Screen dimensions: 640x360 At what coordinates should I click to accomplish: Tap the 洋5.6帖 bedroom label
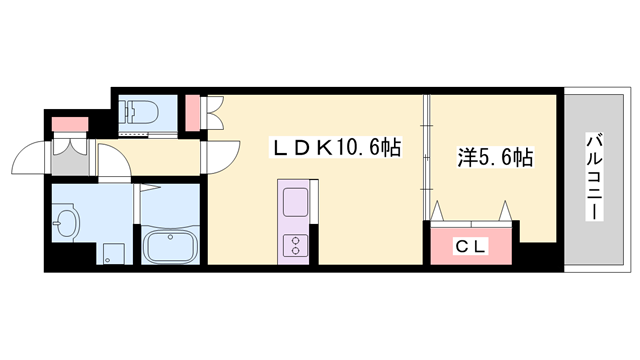(494, 157)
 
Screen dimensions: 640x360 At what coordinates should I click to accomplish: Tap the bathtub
(172, 246)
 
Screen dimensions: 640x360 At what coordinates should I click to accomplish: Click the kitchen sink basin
(298, 202)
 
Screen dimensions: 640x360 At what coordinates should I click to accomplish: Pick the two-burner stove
(298, 245)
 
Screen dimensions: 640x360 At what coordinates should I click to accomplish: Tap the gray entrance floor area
(72, 154)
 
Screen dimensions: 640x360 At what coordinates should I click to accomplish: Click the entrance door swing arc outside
(25, 157)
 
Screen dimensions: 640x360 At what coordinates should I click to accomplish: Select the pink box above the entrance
(67, 124)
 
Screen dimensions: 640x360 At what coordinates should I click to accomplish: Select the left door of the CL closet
(440, 212)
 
